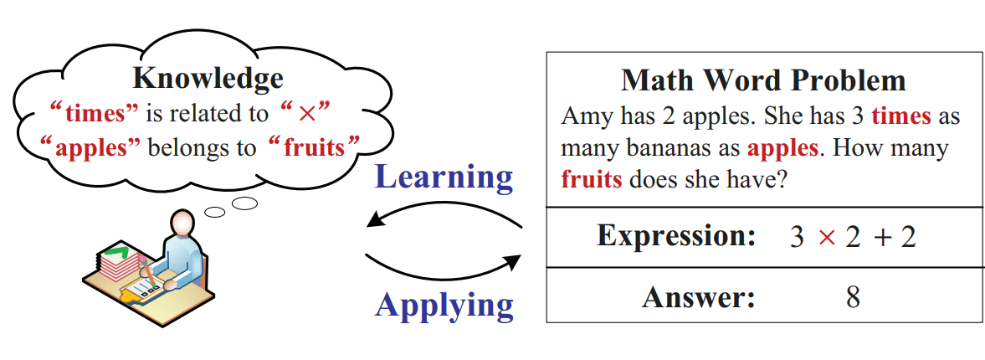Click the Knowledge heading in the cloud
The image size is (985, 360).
[x=208, y=79]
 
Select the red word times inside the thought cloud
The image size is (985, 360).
[x=102, y=115]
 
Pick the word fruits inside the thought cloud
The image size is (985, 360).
[x=314, y=147]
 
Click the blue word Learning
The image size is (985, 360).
[x=444, y=177]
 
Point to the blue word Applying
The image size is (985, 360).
[x=444, y=306]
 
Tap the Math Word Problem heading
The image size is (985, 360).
[x=763, y=80]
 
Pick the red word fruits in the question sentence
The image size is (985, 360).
[x=591, y=180]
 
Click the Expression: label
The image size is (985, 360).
[x=675, y=235]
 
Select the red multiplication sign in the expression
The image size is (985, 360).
[x=827, y=238]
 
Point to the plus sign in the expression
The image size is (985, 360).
[x=884, y=238]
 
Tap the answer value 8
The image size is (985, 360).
[x=853, y=297]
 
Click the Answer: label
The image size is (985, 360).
[x=698, y=297]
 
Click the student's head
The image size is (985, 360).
[x=182, y=223]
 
